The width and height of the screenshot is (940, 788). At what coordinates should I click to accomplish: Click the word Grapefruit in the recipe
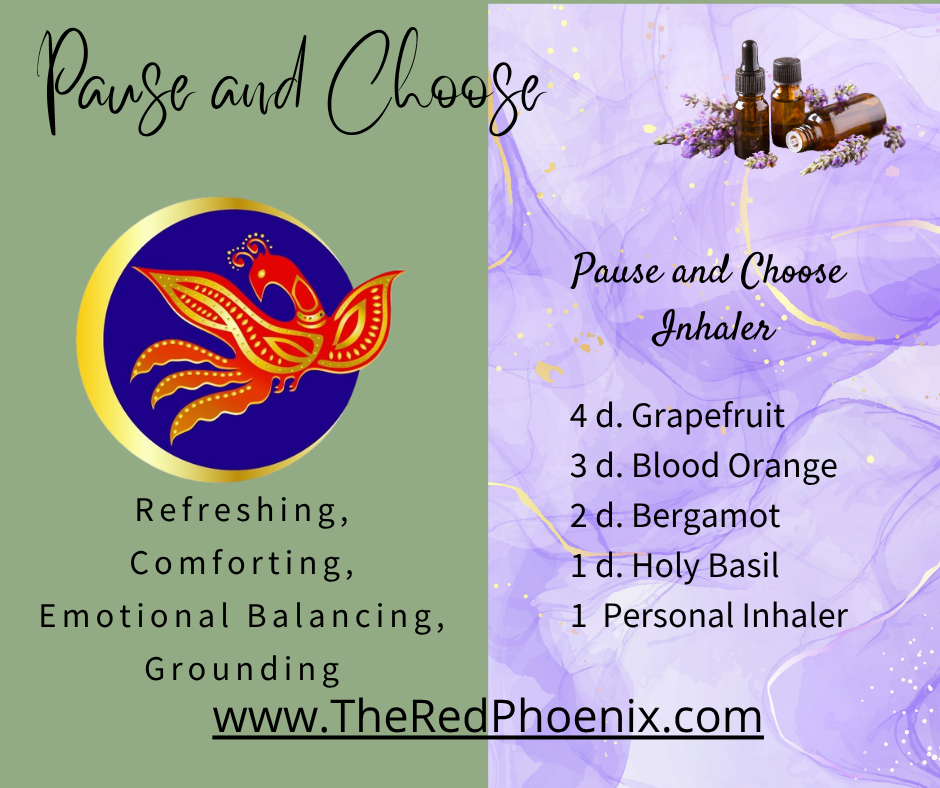pos(708,416)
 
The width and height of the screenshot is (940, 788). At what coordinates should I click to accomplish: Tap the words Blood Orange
pos(734,466)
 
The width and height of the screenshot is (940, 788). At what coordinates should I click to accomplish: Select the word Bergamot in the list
pos(706,516)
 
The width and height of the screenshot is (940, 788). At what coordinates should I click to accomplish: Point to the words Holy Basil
pos(705,567)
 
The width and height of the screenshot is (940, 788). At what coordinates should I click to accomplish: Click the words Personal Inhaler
pos(725,616)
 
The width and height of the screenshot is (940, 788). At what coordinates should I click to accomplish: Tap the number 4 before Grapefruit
pos(578,416)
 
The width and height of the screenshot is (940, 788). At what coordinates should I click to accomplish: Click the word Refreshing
pos(242,511)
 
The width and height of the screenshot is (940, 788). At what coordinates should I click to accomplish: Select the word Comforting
pos(242,564)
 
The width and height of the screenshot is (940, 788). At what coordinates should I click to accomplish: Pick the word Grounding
pos(242,669)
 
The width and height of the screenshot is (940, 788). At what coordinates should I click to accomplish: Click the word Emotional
pos(134,616)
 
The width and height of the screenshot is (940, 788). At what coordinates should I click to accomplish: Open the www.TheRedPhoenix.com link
pos(487,717)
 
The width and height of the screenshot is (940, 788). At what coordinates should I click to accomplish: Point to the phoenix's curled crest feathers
pos(249,250)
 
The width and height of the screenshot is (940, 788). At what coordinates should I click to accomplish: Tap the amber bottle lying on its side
pos(837,124)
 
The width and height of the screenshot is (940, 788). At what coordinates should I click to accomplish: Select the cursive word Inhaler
pos(713,327)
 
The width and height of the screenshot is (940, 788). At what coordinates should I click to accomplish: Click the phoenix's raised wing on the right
pos(363,318)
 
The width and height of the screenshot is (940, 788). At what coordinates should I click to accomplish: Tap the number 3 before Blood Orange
pos(578,467)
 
